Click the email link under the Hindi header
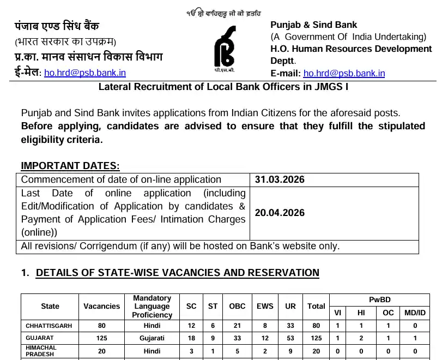85,73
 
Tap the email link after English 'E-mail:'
344,73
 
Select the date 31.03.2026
280,179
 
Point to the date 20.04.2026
280,213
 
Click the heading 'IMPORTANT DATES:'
70,166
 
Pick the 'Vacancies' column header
101,306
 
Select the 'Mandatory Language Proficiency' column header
152,306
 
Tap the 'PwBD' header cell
379,299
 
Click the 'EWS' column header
265,306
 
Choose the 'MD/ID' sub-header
415,313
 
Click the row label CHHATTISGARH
49,326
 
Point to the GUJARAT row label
40,338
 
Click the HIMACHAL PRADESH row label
41,351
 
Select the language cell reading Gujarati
152,338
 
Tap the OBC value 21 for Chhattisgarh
237,326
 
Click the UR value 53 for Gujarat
290,338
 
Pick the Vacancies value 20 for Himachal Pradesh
101,351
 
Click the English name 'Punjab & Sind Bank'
314,25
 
